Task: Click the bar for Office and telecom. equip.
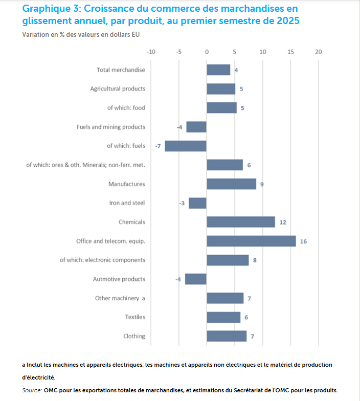click(251, 241)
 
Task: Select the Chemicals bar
click(241, 222)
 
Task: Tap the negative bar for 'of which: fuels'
click(186, 146)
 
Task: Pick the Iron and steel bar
click(197, 203)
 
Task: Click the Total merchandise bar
click(218, 70)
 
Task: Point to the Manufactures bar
click(231, 184)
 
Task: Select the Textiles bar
click(223, 317)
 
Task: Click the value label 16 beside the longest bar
click(303, 241)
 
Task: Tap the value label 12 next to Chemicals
click(282, 222)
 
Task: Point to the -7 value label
click(158, 146)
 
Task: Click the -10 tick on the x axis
click(151, 52)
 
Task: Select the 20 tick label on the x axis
click(319, 52)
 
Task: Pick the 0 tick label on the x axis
click(207, 52)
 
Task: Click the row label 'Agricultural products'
click(118, 88)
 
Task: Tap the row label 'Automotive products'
click(119, 279)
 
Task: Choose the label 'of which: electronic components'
click(102, 260)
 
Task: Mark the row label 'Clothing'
click(134, 336)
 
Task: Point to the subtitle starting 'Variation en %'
click(81, 34)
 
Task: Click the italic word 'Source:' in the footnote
click(32, 390)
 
